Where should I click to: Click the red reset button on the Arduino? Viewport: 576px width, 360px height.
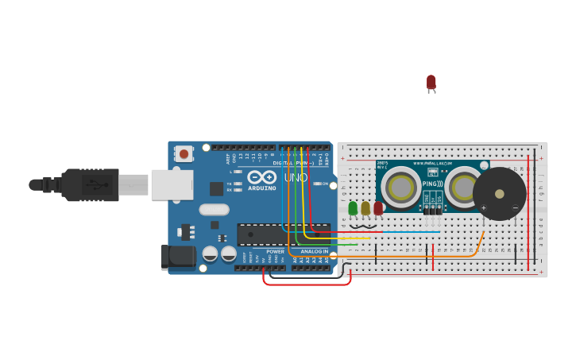(184, 154)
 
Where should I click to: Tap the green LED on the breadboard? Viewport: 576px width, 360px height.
(353, 208)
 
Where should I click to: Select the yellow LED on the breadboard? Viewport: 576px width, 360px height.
(365, 208)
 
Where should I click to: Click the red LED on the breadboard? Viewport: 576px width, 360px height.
(378, 208)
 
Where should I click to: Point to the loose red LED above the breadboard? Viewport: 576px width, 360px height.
(431, 82)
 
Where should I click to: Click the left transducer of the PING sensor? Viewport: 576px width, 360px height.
(401, 188)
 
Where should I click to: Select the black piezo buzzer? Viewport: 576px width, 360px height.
(500, 194)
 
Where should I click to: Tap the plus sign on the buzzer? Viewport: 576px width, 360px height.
(484, 208)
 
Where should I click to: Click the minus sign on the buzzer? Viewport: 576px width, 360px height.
(515, 208)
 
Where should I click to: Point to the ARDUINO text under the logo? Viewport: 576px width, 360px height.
(261, 188)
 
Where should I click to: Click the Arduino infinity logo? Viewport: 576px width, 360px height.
(261, 177)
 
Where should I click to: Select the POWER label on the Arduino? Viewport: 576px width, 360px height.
(275, 251)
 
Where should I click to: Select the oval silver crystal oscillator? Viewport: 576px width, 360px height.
(214, 210)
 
